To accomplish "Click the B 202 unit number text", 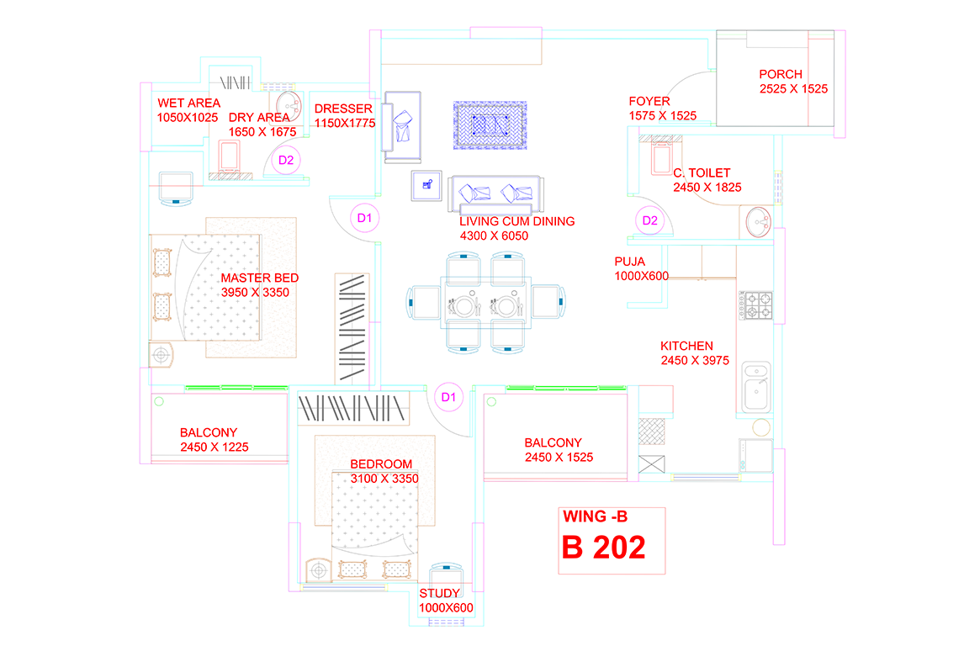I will pyautogui.click(x=603, y=548).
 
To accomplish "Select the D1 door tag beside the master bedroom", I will pyautogui.click(x=364, y=219).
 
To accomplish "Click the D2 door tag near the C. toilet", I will pyautogui.click(x=649, y=221).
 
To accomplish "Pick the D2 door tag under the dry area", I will pyautogui.click(x=286, y=160).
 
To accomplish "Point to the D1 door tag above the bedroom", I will pyautogui.click(x=448, y=396).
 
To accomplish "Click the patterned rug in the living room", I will pyautogui.click(x=491, y=125).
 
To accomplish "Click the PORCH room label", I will pyautogui.click(x=780, y=74).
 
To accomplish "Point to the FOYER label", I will pyautogui.click(x=649, y=102).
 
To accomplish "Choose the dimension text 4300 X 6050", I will pyautogui.click(x=494, y=236).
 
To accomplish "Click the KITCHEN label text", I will pyautogui.click(x=686, y=346).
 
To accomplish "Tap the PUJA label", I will pyautogui.click(x=630, y=262).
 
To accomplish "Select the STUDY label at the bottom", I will pyautogui.click(x=440, y=594).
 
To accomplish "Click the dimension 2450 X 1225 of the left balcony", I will pyautogui.click(x=214, y=447).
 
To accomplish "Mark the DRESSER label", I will pyautogui.click(x=343, y=109).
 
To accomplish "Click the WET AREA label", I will pyautogui.click(x=188, y=103).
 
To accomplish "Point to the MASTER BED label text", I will pyautogui.click(x=259, y=278).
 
